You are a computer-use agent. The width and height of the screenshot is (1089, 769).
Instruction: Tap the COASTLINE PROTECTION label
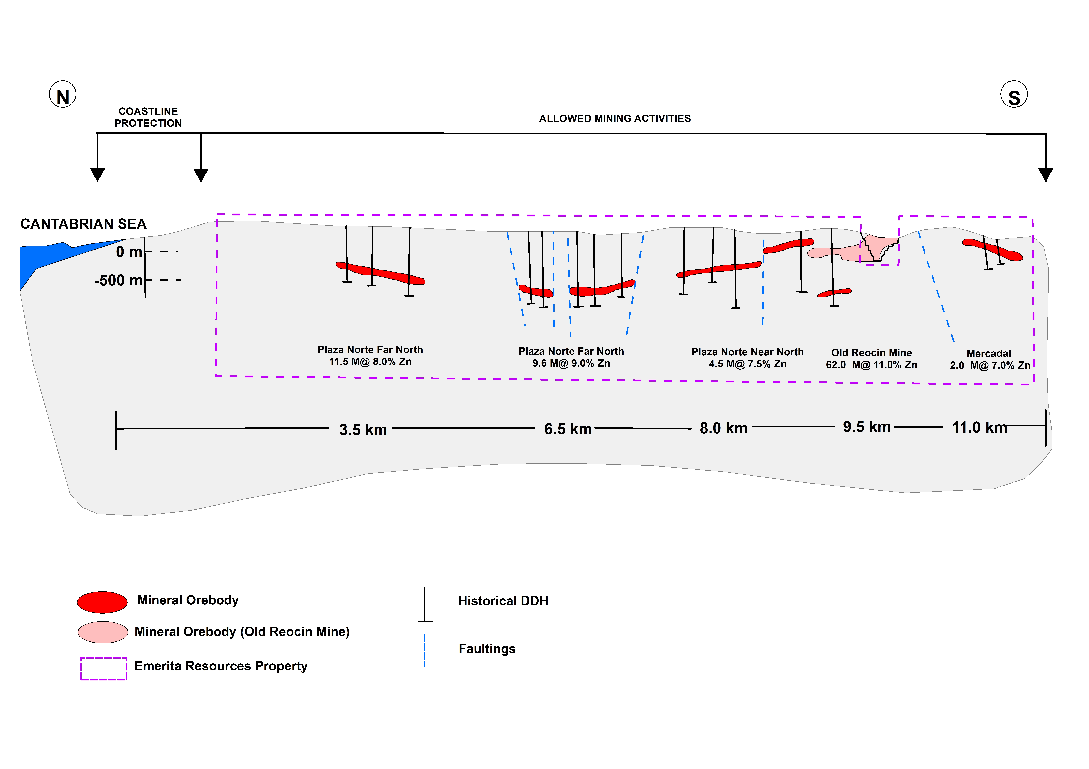(148, 117)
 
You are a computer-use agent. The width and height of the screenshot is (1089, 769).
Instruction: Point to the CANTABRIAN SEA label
(83, 224)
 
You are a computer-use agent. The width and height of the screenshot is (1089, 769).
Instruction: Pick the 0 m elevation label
(129, 252)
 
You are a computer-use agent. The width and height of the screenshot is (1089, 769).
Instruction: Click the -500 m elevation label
(119, 280)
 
